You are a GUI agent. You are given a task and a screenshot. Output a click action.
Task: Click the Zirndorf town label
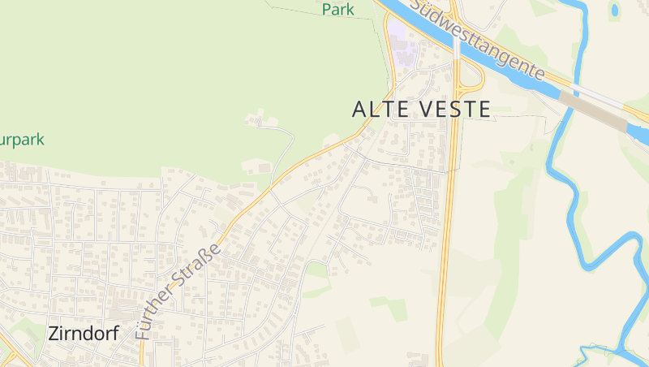click(84, 333)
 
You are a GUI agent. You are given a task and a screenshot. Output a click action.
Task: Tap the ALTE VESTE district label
click(422, 110)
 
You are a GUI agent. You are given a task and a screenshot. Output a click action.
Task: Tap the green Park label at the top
click(338, 9)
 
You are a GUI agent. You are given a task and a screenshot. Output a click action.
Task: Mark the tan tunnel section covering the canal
click(592, 110)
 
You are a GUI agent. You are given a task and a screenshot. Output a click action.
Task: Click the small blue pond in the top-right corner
click(615, 10)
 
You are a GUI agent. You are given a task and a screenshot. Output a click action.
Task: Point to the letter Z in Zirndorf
click(54, 333)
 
